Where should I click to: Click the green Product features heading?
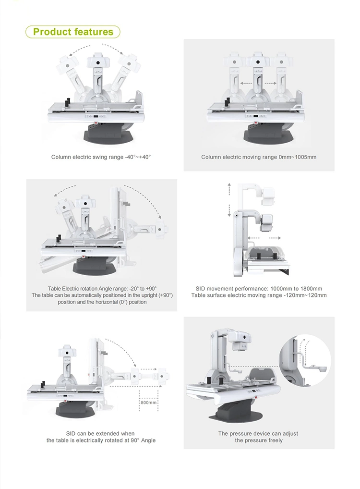[x=73, y=32]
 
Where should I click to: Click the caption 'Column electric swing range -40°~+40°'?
[x=101, y=157]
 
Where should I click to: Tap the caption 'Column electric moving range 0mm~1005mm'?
[x=259, y=157]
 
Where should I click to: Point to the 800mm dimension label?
[x=148, y=403]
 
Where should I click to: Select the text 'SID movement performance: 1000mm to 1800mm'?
[x=259, y=289]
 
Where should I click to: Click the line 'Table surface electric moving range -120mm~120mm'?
[x=259, y=295]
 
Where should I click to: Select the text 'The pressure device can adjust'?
[x=258, y=433]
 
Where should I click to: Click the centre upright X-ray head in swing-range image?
[x=97, y=62]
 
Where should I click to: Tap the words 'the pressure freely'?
[x=259, y=440]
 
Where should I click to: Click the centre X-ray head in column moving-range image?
[x=258, y=62]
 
